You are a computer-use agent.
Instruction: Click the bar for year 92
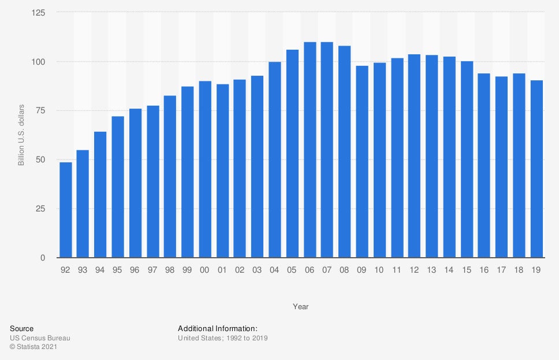(65, 210)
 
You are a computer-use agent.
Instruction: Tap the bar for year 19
(536, 169)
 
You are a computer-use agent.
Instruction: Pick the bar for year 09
(362, 162)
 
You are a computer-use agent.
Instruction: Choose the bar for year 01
(222, 171)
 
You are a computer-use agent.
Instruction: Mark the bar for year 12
(414, 156)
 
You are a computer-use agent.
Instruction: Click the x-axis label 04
(275, 269)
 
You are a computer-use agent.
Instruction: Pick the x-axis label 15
(467, 269)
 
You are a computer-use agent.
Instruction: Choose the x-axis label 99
(188, 269)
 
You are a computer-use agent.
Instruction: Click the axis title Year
(300, 306)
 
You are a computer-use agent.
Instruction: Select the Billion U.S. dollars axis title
(21, 135)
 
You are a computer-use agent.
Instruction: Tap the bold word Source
(22, 328)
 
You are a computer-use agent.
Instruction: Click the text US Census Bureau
(40, 338)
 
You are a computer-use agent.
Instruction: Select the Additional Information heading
(221, 328)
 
